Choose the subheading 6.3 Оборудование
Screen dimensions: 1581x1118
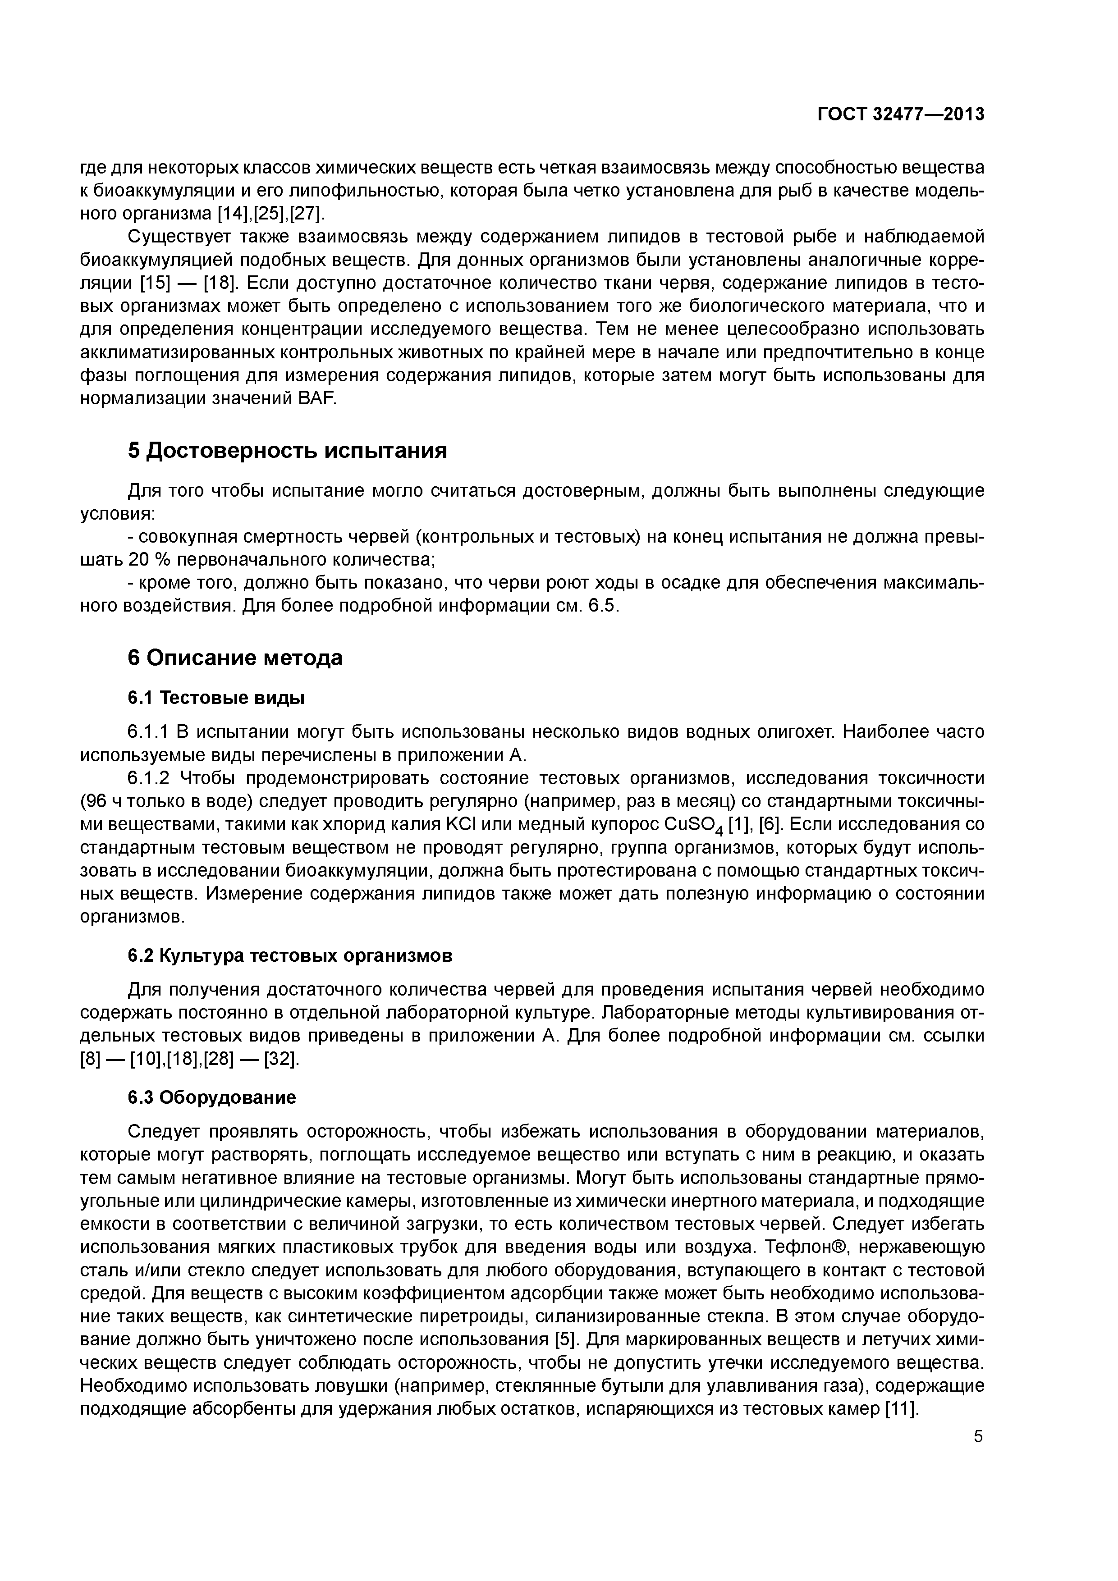pyautogui.click(x=212, y=1097)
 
